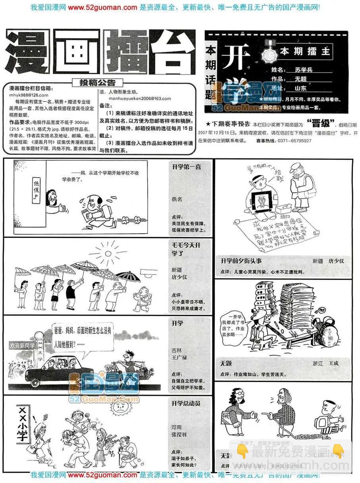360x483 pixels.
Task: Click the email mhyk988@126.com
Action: (x=29, y=95)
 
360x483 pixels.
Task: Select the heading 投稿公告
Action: (x=97, y=83)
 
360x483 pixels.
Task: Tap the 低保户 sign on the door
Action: (x=37, y=189)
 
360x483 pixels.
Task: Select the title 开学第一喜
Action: (x=187, y=166)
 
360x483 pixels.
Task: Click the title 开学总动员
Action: (x=186, y=403)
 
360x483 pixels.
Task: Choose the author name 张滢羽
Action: (x=179, y=434)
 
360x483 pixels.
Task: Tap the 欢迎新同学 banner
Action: (x=23, y=345)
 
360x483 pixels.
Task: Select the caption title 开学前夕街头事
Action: (x=241, y=261)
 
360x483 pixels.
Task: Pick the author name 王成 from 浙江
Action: (x=333, y=363)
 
